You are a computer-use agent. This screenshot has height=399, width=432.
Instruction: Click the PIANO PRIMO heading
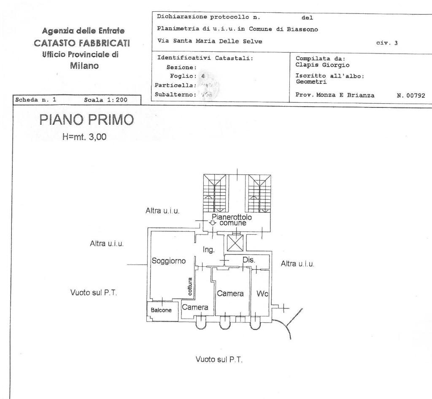pos(86,120)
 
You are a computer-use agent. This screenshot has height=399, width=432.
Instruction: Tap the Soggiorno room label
pos(169,261)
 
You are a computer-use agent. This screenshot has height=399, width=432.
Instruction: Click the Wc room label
pos(262,293)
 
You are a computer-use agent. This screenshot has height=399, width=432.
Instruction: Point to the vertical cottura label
pos(190,287)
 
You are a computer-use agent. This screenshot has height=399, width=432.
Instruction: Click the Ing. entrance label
pos(209,249)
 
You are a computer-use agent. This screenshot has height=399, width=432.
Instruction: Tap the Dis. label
pos(248,260)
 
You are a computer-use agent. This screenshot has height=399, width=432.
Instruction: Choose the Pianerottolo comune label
pos(232,220)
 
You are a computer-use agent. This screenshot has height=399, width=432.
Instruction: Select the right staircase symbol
pos(259,193)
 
